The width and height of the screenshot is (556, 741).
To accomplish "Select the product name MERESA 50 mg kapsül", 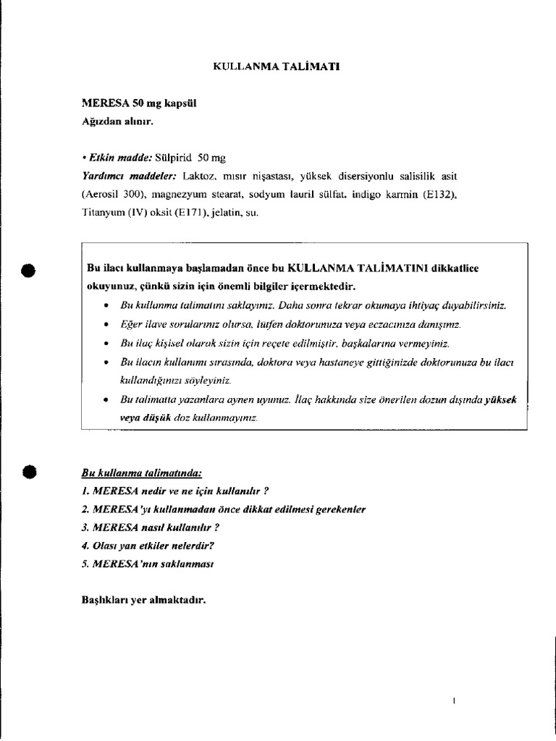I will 139,103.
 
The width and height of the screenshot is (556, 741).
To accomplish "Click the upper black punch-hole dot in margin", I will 27,270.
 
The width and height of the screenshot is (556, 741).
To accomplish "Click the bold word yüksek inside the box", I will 500,399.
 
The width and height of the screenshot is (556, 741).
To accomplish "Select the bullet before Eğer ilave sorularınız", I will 106,325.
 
